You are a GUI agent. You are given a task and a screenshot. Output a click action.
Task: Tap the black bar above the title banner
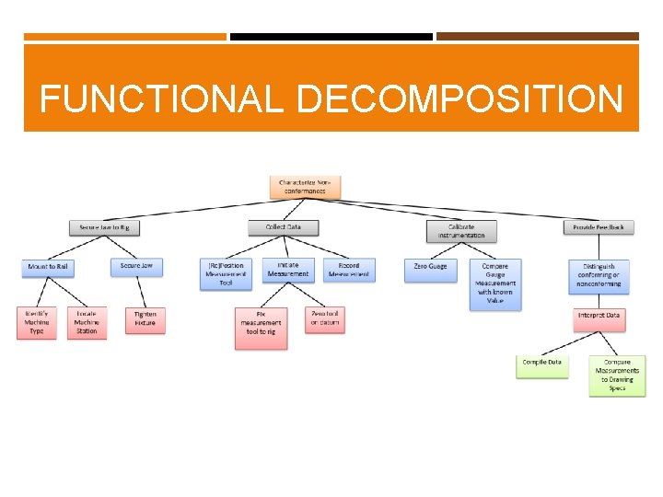pos(331,37)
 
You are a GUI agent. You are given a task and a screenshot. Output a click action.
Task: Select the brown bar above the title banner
pos(537,37)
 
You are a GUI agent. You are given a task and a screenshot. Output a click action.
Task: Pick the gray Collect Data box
pos(283,227)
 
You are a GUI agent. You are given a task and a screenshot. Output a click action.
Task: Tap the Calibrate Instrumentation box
pos(461,231)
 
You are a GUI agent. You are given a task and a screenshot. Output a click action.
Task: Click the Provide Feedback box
pos(599,227)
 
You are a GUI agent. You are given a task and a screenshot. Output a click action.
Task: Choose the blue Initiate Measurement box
pos(287,270)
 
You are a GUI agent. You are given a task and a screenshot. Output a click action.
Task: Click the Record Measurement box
pos(349,270)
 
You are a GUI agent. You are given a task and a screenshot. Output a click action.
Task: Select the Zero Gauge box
pos(430,267)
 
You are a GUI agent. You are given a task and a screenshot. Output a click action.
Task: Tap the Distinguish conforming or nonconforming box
pos(599,274)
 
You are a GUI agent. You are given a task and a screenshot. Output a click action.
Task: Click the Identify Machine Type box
pos(37,323)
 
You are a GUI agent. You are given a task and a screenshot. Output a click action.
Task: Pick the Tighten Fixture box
pos(145,319)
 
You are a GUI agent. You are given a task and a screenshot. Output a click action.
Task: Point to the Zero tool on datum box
pos(324,319)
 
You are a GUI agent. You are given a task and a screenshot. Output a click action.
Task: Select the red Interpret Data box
pos(599,316)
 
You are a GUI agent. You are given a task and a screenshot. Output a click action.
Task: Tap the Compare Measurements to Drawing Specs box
pos(617,376)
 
